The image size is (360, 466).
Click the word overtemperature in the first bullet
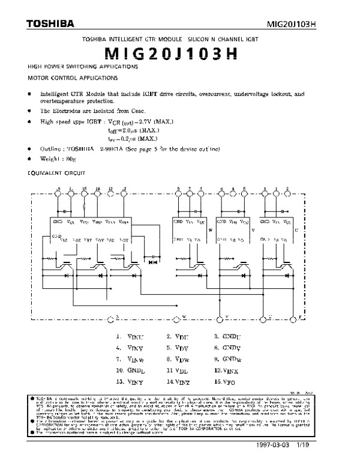click(x=63, y=102)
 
